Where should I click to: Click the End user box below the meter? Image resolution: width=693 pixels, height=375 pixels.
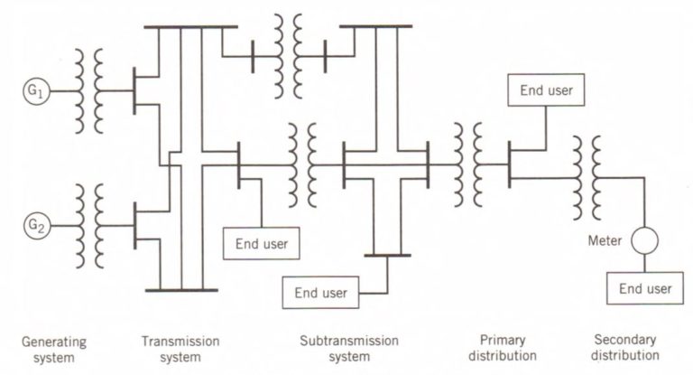645,288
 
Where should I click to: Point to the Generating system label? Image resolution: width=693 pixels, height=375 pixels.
54,348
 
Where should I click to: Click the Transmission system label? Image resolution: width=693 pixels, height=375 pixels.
180,348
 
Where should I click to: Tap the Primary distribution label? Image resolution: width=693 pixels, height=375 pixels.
502,348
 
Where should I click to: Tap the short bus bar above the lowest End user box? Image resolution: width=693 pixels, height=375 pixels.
388,257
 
